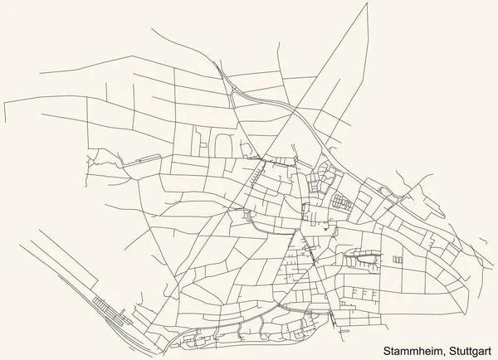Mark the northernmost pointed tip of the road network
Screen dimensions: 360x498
(366, 4)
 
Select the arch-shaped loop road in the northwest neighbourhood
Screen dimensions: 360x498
(221, 144)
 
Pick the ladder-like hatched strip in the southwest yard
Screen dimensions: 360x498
(109, 307)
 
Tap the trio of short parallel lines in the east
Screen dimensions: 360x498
(396, 261)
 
